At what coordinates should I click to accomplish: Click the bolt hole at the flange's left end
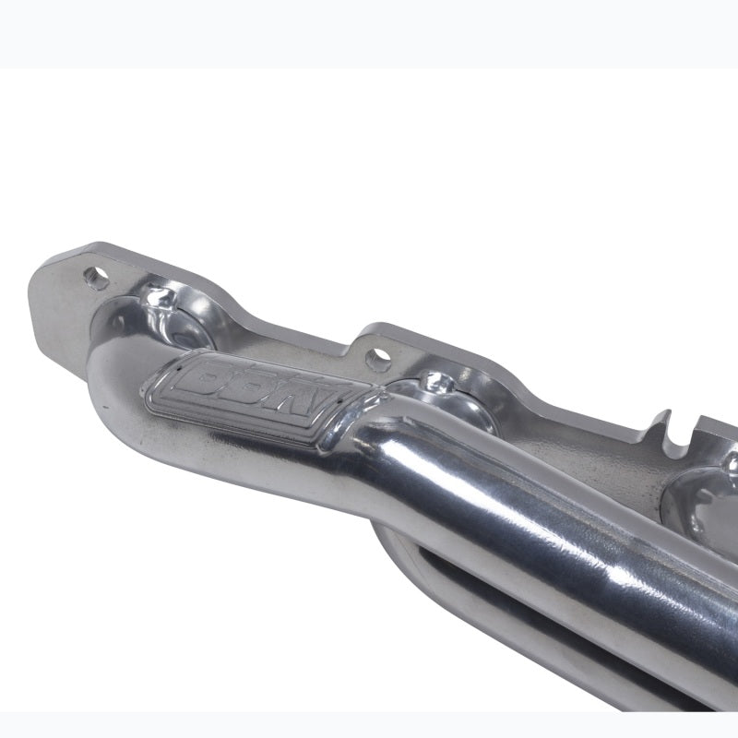[92, 273]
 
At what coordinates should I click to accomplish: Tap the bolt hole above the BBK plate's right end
[375, 355]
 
